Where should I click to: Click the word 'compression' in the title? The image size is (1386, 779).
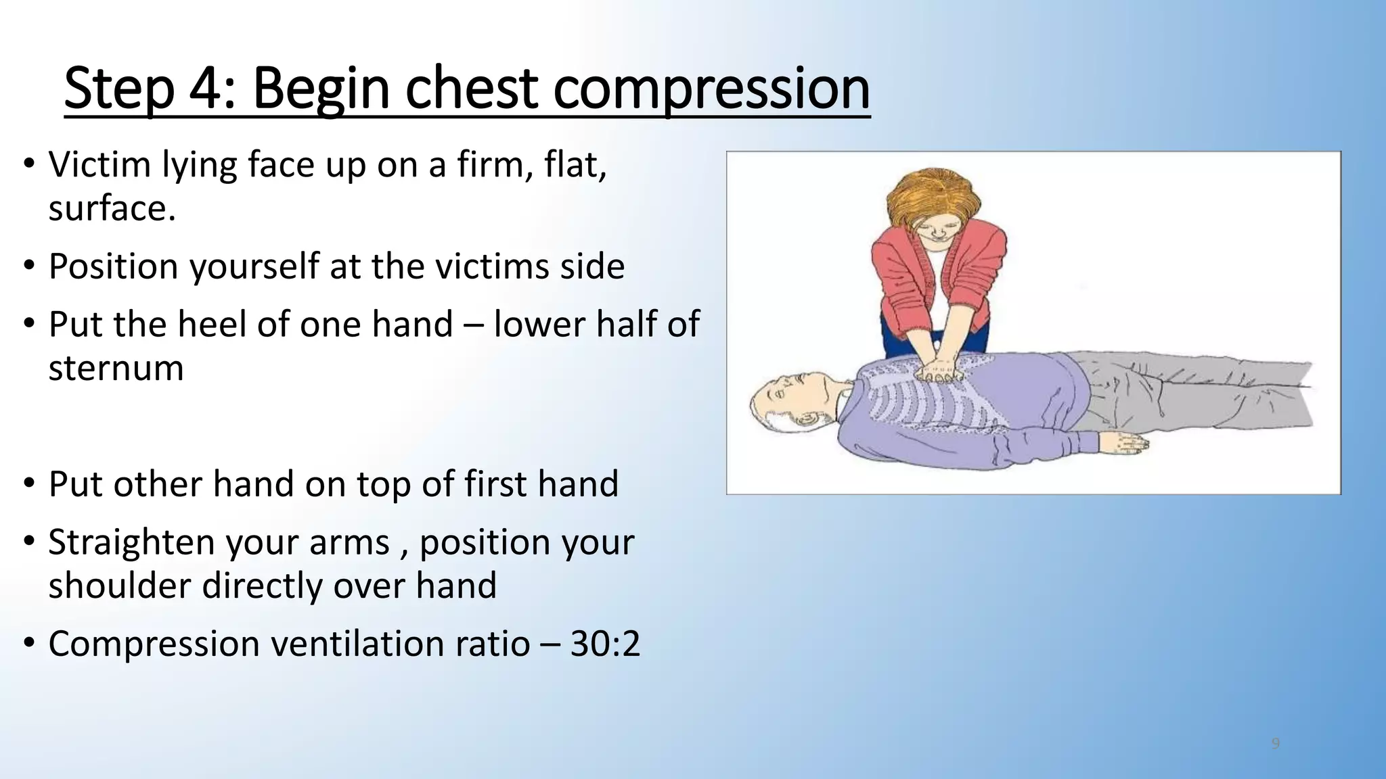coord(711,89)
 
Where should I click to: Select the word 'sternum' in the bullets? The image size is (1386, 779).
coord(116,369)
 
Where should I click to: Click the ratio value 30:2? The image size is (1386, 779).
coord(605,643)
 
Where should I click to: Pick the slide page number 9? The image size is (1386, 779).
coord(1276,744)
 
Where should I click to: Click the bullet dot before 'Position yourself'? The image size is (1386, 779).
coord(28,266)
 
